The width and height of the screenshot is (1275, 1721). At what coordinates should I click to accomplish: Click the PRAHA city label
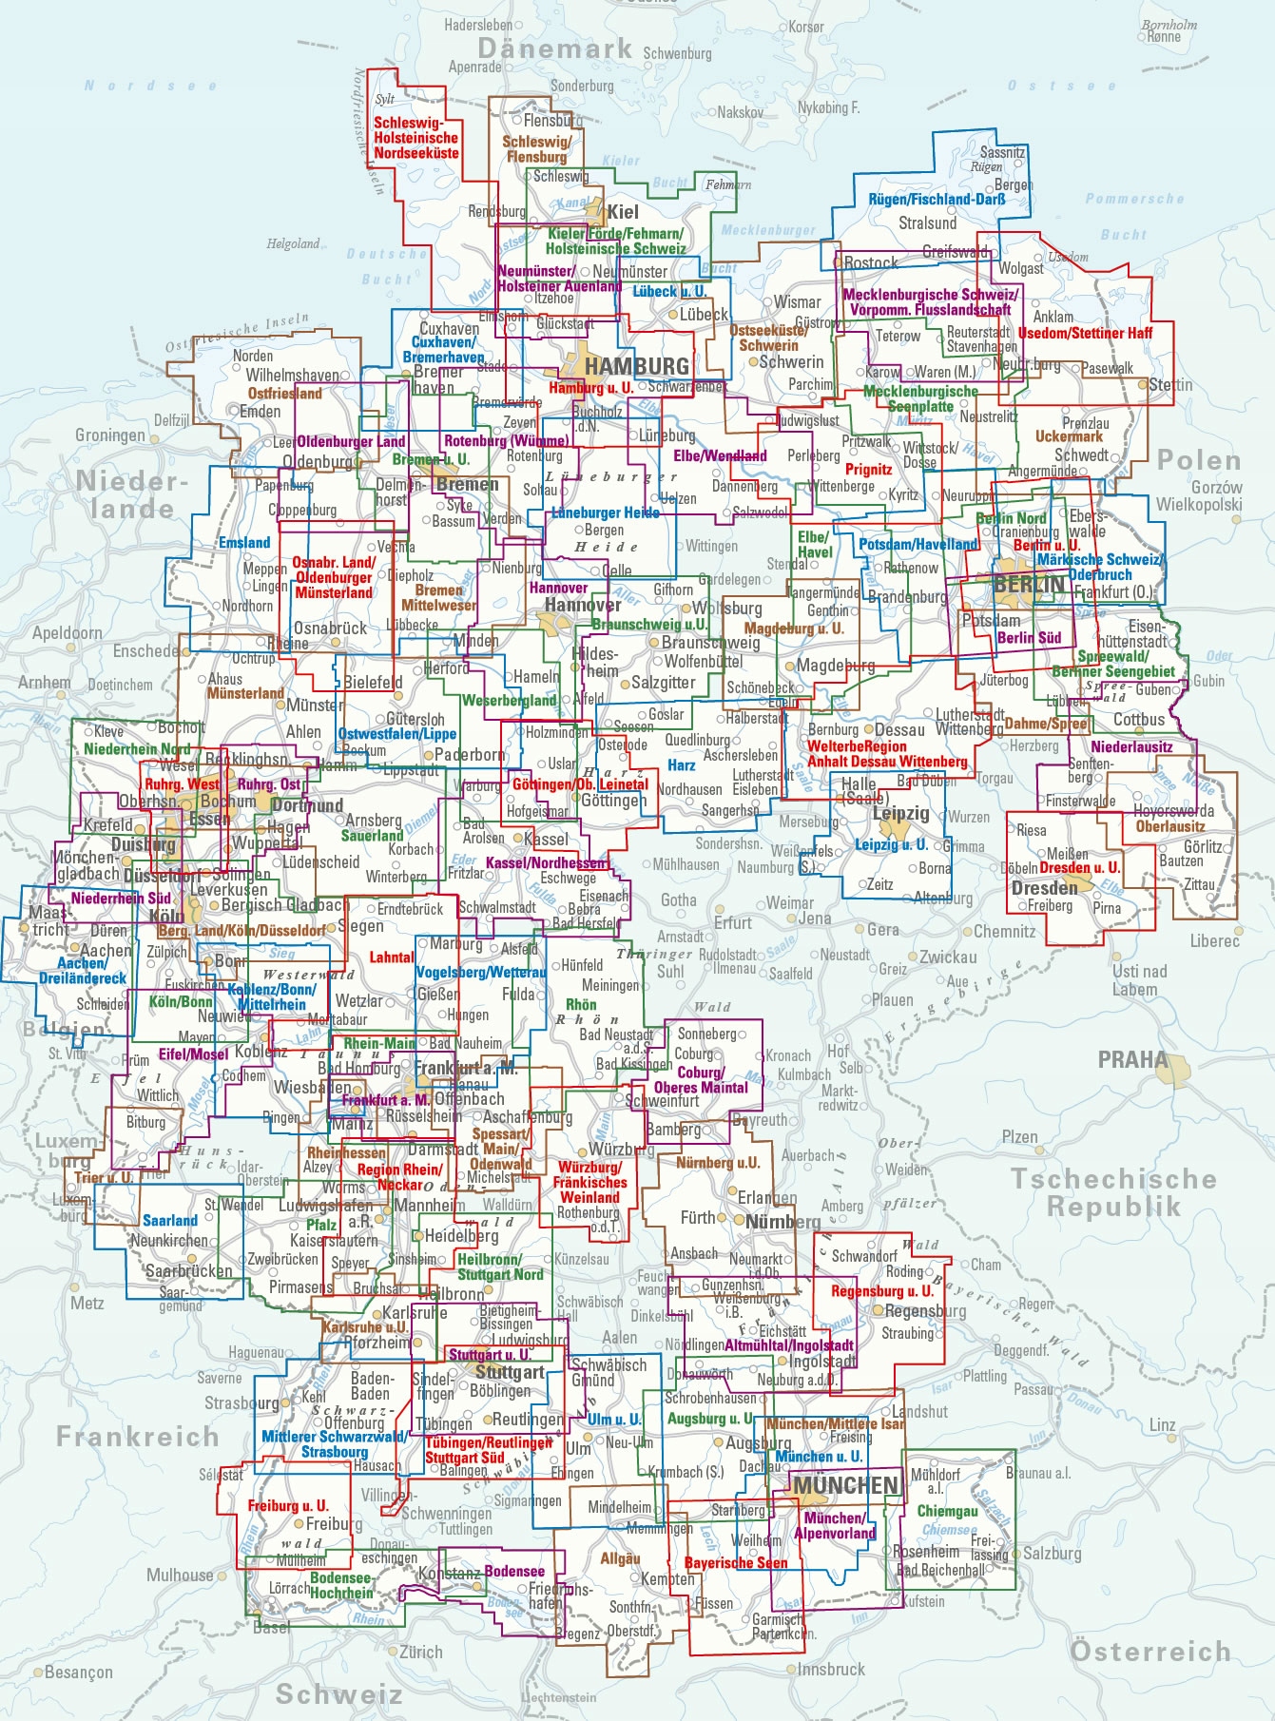(x=1132, y=1059)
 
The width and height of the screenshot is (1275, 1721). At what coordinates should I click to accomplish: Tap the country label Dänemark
(x=555, y=48)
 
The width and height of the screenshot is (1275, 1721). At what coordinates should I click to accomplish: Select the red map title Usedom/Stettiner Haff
(x=1085, y=333)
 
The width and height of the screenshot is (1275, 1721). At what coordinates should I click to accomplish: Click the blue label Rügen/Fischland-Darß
(x=937, y=200)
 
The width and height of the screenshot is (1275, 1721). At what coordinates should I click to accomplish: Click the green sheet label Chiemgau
(x=947, y=1511)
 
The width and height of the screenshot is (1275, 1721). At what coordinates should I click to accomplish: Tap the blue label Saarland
(x=170, y=1220)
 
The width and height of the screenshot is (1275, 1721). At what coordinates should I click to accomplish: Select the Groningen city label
(x=110, y=435)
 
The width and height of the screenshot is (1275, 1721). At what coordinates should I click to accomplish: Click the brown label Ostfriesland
(x=284, y=393)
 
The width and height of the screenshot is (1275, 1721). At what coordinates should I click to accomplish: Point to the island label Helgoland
(x=293, y=243)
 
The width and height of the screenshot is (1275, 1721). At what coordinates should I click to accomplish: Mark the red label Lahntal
(x=392, y=957)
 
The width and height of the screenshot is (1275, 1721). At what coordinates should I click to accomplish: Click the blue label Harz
(x=681, y=764)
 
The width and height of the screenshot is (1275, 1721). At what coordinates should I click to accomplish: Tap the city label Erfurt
(x=733, y=922)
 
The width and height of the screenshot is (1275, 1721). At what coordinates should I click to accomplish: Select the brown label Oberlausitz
(x=1170, y=826)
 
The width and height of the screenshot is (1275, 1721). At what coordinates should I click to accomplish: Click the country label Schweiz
(x=339, y=1693)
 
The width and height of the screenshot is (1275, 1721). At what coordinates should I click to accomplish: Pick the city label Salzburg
(x=1052, y=1553)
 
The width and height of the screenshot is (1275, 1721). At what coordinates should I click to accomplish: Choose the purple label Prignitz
(x=868, y=469)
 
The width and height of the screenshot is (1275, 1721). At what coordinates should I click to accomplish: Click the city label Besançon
(x=78, y=1672)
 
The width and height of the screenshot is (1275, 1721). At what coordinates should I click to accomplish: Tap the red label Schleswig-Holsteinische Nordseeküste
(x=416, y=138)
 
